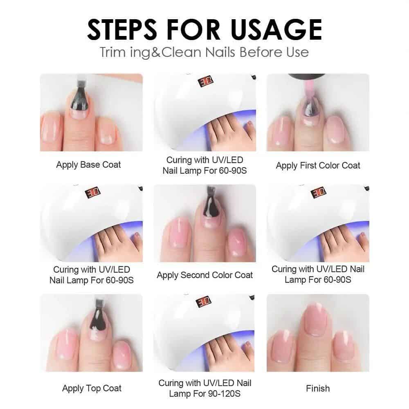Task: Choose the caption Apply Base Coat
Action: (x=88, y=165)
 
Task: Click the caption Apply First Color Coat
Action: (x=318, y=165)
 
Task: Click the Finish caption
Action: (x=318, y=388)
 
